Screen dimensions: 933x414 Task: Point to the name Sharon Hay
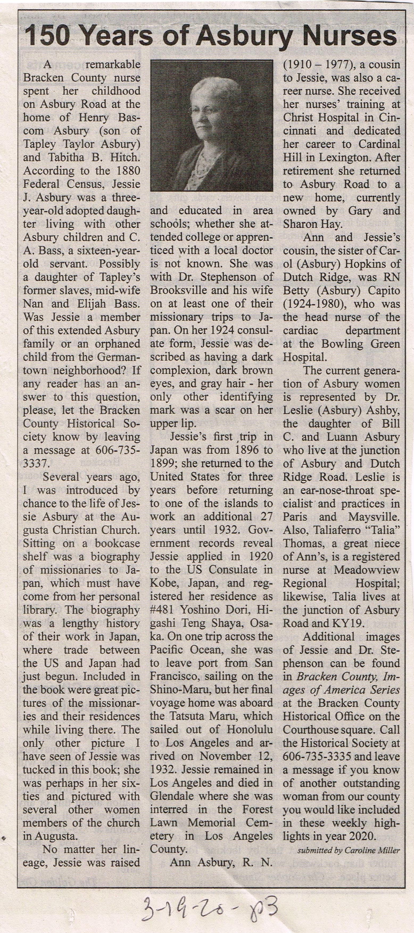point(312,224)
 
